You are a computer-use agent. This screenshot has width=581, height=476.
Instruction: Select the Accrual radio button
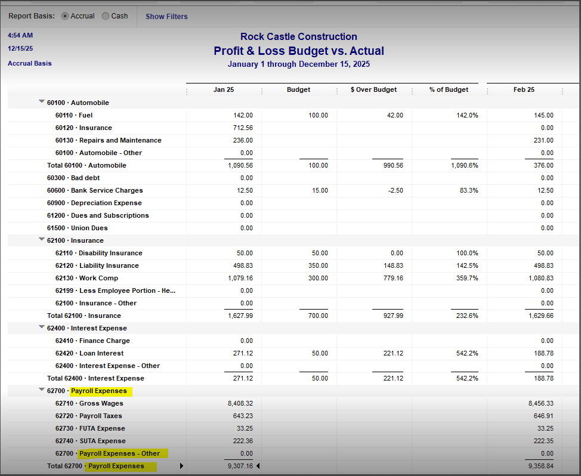point(65,16)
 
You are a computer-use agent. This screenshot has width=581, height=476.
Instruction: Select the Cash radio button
point(106,16)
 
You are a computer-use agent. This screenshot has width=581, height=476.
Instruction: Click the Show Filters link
point(166,17)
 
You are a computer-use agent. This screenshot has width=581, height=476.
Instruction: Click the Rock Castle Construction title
point(298,37)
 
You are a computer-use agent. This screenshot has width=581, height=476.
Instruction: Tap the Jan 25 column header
point(224,89)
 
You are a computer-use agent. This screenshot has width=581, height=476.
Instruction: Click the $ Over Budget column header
point(373,89)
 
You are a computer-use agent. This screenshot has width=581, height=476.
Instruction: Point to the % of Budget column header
point(449,89)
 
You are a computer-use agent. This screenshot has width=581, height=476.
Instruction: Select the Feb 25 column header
point(524,89)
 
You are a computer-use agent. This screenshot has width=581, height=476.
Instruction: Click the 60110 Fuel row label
point(74,115)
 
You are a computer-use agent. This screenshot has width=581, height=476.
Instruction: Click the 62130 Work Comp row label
point(86,278)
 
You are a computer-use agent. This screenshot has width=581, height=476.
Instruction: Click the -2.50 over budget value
point(393,190)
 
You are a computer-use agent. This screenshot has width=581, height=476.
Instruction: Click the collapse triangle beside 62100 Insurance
point(42,240)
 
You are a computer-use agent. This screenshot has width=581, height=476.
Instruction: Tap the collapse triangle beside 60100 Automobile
point(42,102)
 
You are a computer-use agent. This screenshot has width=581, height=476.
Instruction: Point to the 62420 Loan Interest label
point(90,353)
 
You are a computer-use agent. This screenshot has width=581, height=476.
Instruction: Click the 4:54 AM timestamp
point(20,36)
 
